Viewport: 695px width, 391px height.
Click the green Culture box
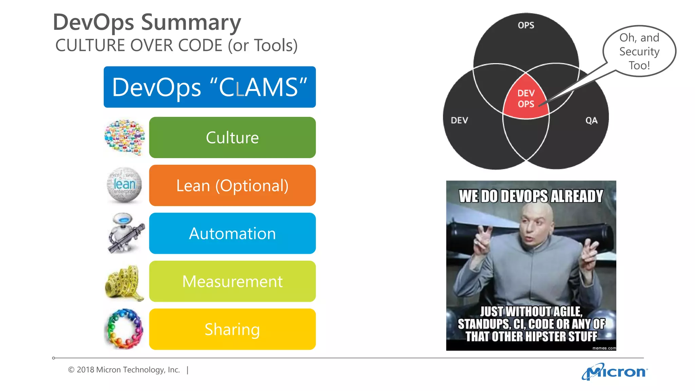[x=232, y=137]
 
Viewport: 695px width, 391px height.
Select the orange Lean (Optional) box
[x=232, y=185]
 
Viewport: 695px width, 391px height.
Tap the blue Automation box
[x=232, y=234]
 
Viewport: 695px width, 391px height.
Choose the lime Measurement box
[x=232, y=281]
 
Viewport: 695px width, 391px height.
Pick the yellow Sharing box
[x=232, y=329]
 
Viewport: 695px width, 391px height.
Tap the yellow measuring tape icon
[x=124, y=283]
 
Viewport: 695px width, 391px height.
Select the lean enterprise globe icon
[x=124, y=185]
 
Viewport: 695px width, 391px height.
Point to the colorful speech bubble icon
[x=125, y=137]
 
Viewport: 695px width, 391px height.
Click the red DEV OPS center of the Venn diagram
[x=526, y=98]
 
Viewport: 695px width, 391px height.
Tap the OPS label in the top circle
[x=526, y=25]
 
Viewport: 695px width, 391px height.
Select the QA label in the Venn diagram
[x=591, y=120]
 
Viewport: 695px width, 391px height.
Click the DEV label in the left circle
[x=459, y=120]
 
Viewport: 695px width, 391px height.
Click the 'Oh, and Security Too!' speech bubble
[x=639, y=51]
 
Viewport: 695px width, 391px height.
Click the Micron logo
[x=615, y=372]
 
